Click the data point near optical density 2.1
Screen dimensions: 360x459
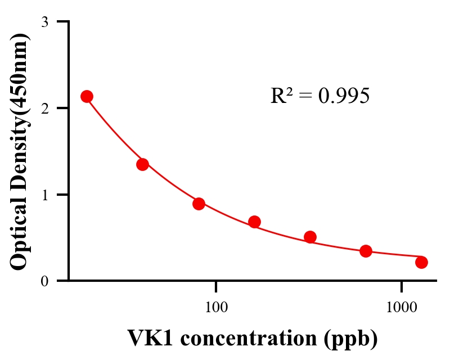87,96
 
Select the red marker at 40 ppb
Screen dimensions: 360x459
142,164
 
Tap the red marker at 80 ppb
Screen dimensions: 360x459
199,204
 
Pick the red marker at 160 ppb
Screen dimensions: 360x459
254,222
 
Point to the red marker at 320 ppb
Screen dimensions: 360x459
310,237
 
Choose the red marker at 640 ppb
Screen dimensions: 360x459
366,251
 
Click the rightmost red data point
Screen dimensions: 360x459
421,262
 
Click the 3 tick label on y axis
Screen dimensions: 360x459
44,22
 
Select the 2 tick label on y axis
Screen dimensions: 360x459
44,108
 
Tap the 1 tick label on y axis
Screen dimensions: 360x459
44,195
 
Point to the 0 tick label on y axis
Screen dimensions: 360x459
44,281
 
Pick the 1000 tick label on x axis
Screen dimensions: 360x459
402,307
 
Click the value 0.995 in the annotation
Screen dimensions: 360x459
344,96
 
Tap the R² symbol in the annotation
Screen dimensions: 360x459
281,96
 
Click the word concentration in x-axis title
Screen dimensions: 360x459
248,338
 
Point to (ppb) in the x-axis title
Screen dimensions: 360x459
352,339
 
